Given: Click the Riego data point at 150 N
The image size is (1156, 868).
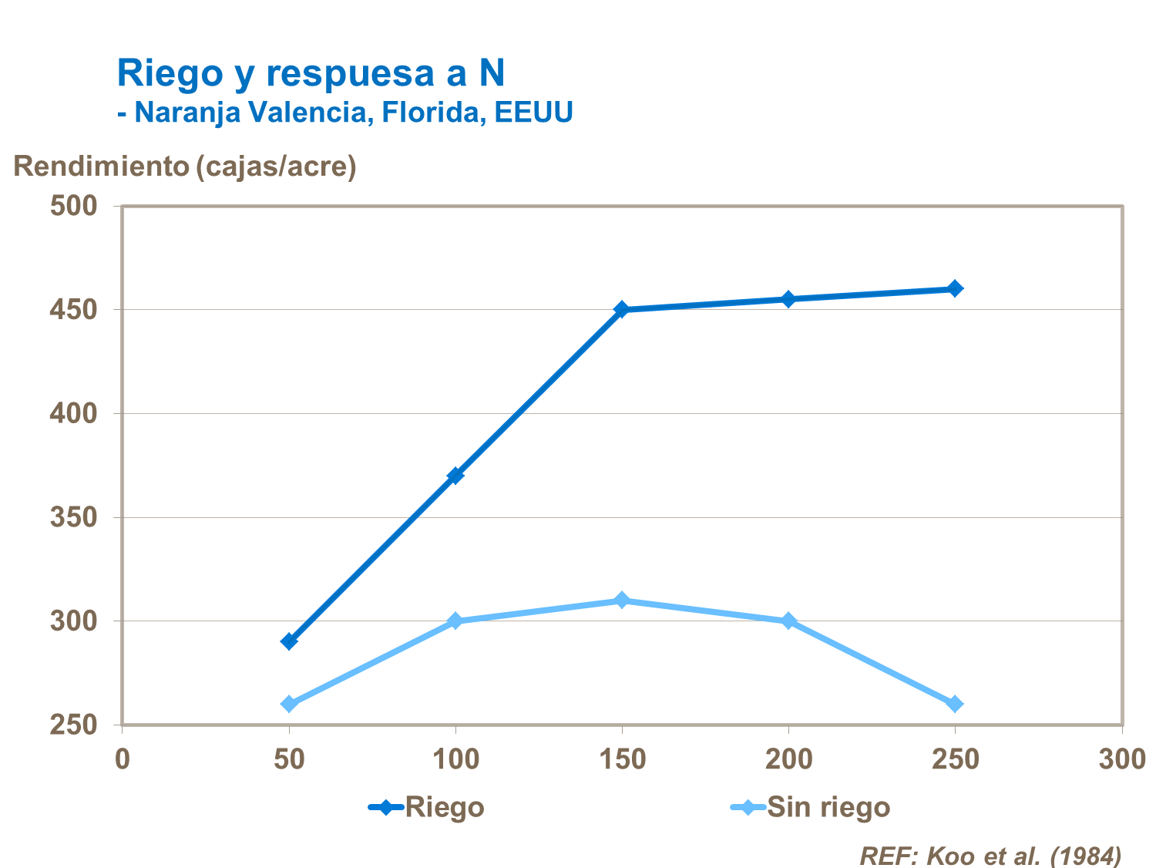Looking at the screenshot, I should (622, 309).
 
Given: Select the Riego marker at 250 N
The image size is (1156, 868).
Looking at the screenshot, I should (955, 288).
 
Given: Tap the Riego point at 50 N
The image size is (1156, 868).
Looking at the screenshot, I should (289, 641).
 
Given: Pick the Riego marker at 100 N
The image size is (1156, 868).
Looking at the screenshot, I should (455, 475).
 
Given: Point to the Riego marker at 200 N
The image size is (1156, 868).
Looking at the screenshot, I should (788, 299).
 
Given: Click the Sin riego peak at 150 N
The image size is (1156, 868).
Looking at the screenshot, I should (622, 600).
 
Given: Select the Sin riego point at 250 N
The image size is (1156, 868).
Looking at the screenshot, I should (955, 704).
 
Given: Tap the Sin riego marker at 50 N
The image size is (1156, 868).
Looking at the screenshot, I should (289, 704).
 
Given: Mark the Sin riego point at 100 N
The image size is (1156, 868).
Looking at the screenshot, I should (455, 621).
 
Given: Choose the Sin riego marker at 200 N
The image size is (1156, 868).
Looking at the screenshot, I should (788, 621).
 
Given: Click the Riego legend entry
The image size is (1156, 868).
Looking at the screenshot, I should (428, 807).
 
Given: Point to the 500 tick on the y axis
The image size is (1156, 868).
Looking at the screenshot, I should (74, 206).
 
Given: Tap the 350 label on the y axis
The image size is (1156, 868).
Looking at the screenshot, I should (74, 517).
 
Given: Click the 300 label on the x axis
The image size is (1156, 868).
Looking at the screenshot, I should (1121, 759).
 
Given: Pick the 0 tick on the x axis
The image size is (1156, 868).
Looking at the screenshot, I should (123, 759).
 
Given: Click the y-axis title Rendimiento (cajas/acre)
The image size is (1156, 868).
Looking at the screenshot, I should (185, 167).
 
